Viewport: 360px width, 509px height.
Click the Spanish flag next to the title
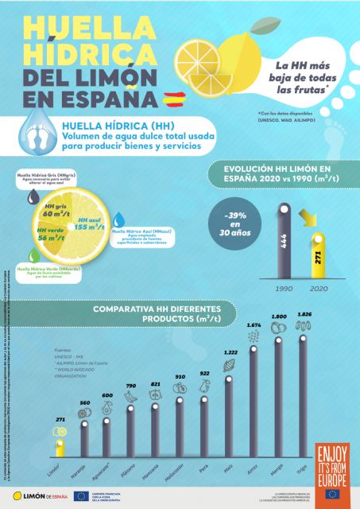click(173, 99)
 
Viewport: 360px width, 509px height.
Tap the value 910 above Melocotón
click(180, 377)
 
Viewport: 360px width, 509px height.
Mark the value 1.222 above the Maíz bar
click(230, 352)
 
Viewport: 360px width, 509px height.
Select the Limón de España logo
click(36, 495)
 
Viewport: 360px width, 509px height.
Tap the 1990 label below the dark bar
click(283, 289)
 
